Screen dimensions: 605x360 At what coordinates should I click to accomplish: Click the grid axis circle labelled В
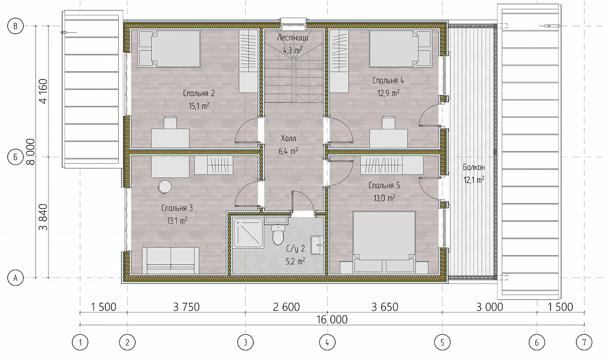coord(15,26)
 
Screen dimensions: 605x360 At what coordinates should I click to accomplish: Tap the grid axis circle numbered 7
coord(584,342)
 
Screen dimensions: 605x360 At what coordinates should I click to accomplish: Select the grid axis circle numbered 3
coord(245,342)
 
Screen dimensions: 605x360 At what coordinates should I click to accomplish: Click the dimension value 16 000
coord(332,320)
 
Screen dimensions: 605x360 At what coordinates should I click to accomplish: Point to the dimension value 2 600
coord(286,307)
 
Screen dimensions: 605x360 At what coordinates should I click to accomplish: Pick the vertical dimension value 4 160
coord(43,91)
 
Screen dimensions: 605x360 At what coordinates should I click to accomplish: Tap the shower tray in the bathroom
coord(248,233)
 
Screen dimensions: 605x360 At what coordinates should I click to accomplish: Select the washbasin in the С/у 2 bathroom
coord(317,245)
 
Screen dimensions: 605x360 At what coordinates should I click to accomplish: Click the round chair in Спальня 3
coord(165,187)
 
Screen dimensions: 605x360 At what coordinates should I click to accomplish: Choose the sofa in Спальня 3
coord(171,260)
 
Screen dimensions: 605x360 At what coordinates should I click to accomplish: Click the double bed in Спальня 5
coord(384,242)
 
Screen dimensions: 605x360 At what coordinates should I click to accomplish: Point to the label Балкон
coord(474,167)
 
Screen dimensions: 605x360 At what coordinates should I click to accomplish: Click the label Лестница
coord(293,37)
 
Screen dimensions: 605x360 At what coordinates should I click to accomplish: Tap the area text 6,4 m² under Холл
coord(288,151)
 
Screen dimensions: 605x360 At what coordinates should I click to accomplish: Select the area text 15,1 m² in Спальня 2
coord(199,106)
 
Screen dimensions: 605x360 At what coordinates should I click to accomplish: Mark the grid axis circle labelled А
coord(15,278)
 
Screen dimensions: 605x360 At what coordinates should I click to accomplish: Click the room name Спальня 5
coord(384,186)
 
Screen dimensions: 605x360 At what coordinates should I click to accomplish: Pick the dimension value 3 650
coord(385,307)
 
